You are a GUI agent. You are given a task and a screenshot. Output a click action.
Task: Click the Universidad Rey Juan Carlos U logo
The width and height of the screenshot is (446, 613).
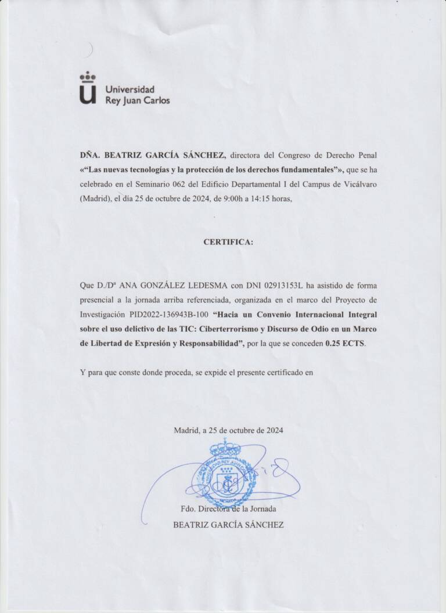(88, 89)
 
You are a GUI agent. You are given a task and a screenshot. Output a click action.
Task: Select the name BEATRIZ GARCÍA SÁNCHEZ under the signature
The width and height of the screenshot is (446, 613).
(228, 525)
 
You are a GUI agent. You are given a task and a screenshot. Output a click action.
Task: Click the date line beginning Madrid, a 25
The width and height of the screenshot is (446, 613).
(228, 431)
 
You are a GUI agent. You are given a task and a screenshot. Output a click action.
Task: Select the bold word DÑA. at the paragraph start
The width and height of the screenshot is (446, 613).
(90, 155)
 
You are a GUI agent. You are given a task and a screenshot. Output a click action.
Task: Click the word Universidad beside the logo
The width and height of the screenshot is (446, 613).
(130, 89)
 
